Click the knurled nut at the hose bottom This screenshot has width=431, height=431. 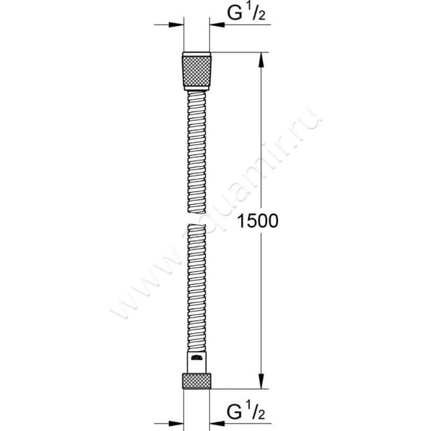coord(197,381)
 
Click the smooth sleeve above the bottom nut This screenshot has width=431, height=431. coord(197,361)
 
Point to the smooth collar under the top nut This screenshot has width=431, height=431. coord(197,88)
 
